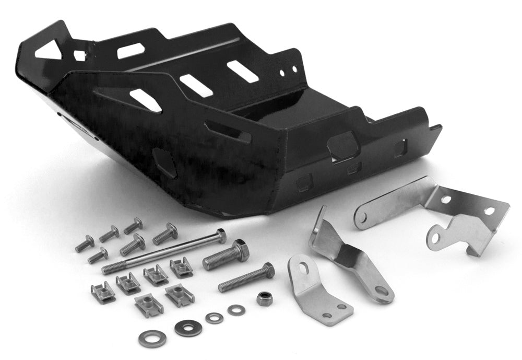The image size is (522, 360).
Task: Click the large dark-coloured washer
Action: (x=188, y=328)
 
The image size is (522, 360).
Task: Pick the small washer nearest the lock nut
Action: (x=236, y=310)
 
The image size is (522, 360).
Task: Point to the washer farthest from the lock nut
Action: (x=152, y=338)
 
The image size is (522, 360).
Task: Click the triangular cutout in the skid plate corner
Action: (x=48, y=51)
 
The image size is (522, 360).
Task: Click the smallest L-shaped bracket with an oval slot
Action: (x=312, y=289)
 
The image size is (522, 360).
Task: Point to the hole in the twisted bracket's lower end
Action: (x=381, y=291)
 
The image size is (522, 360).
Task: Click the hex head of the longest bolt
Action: (x=221, y=236)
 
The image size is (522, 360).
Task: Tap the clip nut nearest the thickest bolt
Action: (x=181, y=267)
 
